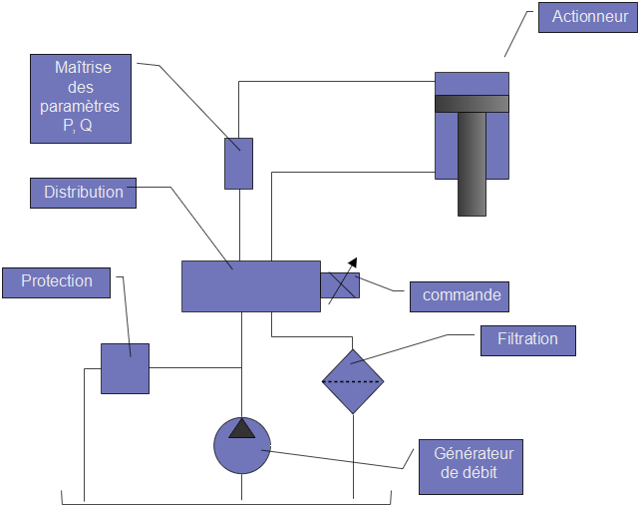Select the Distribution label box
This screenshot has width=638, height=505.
[84, 193]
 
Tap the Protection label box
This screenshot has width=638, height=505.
[57, 281]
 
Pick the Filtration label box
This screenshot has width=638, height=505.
[527, 339]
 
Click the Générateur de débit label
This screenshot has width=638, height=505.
[468, 463]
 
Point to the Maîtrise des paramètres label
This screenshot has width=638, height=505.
[80, 98]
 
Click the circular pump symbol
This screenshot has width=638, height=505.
[242, 445]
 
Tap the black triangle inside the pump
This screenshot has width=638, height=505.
[242, 428]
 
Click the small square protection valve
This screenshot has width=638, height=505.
[125, 368]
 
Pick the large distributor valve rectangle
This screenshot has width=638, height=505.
[250, 285]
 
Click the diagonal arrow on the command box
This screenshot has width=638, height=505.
[341, 280]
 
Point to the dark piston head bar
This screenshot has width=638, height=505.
[472, 103]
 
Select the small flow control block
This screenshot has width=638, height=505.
[238, 164]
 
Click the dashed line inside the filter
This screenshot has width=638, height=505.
[353, 381]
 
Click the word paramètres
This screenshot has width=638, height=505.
[80, 107]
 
